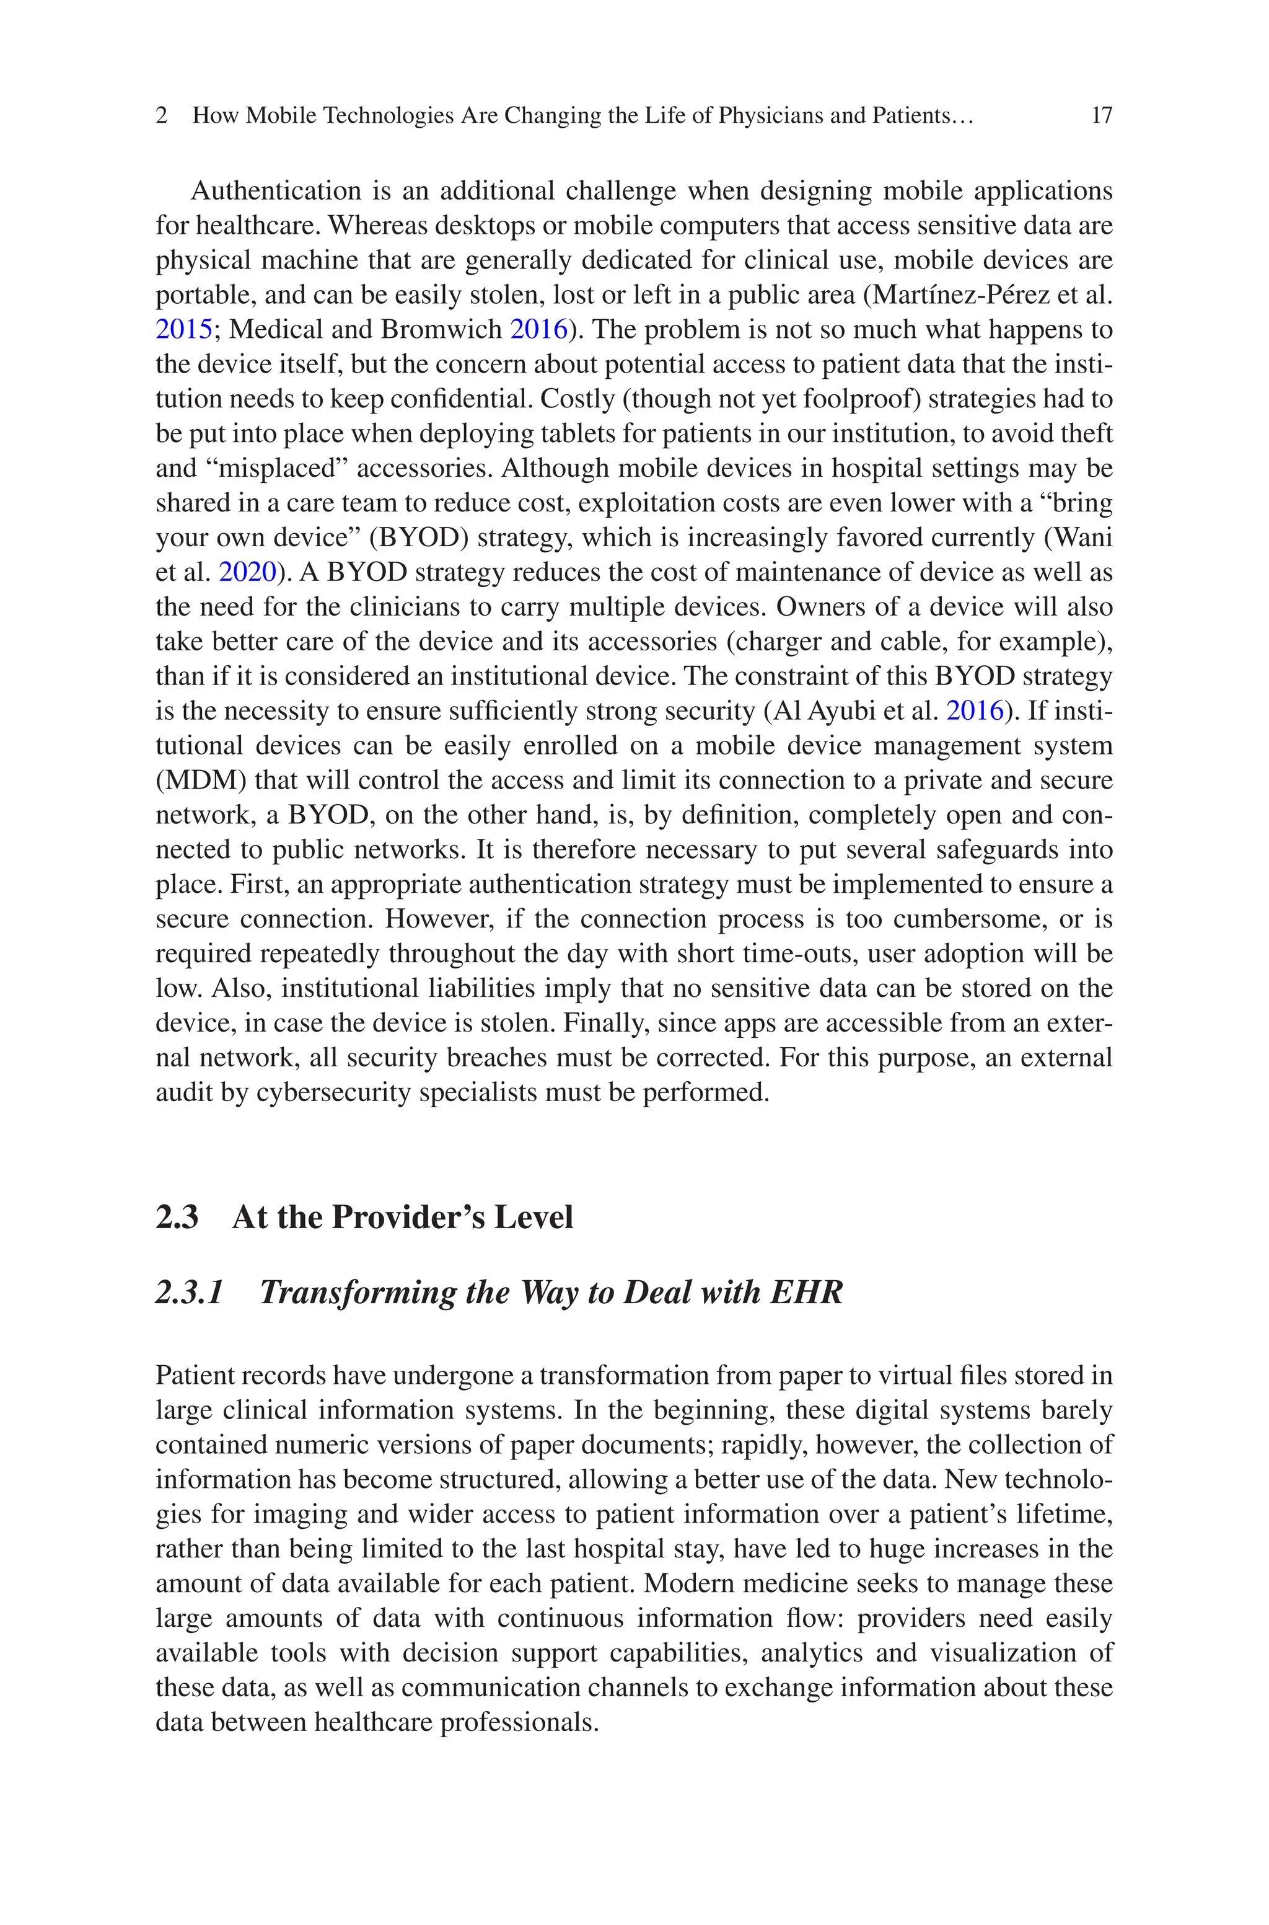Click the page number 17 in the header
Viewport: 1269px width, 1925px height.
1102,116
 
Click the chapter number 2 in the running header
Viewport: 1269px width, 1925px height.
162,116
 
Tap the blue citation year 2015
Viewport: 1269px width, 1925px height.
183,329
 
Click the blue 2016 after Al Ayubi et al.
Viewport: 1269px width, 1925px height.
975,710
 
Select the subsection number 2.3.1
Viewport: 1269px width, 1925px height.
188,1292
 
